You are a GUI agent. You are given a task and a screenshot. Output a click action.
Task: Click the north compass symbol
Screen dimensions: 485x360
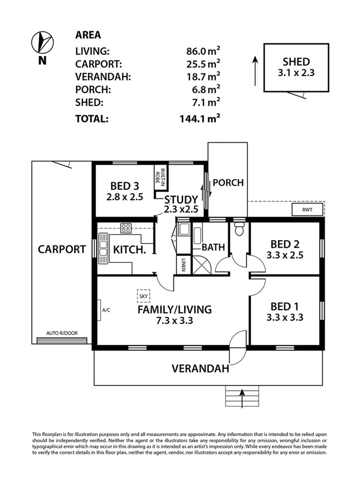click(42, 41)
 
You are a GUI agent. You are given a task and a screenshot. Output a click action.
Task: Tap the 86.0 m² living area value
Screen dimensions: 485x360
click(203, 52)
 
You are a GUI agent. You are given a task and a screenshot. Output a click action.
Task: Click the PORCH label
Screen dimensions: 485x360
click(227, 182)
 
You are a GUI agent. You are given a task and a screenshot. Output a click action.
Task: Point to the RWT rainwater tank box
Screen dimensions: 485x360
click(300, 209)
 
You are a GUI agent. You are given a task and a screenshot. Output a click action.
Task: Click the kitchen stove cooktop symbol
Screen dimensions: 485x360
click(127, 229)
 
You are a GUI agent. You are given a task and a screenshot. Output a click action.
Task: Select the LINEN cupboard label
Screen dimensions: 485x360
click(184, 265)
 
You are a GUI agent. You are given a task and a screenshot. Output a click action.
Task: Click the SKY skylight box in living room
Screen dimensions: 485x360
click(143, 296)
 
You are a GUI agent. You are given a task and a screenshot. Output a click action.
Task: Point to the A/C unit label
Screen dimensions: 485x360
click(105, 310)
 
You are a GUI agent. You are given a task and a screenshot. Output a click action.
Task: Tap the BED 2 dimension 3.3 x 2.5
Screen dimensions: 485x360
click(285, 255)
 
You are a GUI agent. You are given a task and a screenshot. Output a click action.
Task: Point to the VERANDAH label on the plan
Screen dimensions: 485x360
click(200, 369)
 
